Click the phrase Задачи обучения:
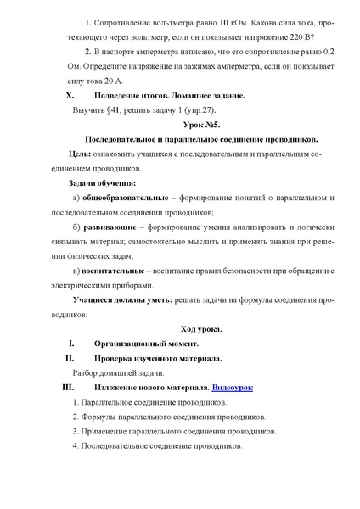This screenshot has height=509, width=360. click(102, 182)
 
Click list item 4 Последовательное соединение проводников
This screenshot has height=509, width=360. click(158, 445)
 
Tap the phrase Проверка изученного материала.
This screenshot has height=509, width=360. click(158, 358)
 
